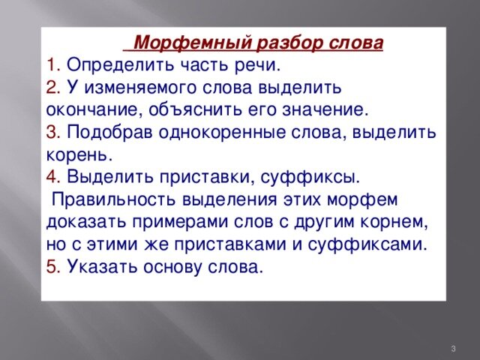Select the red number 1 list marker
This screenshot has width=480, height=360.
coord(54,65)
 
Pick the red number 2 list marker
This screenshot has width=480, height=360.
coord(54,88)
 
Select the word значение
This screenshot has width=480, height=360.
coord(325,110)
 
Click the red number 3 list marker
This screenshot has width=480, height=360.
coord(54,133)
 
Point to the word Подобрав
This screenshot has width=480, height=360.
coord(109,133)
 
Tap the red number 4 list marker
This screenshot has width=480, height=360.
coord(54,178)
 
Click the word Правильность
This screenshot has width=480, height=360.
coord(114,200)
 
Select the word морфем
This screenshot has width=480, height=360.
coord(362,200)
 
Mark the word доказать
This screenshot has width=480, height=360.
coord(86,223)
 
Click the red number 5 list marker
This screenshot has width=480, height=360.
coord(54,267)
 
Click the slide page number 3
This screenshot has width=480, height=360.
coord(453,348)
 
